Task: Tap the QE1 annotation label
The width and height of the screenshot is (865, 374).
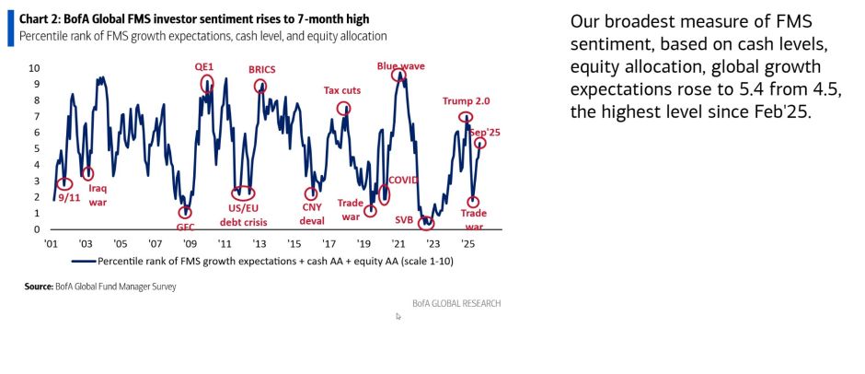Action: (204, 67)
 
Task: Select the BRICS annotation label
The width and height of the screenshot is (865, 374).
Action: (262, 69)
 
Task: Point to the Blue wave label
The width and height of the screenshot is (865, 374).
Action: (399, 65)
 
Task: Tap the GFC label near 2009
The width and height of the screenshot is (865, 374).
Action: (185, 226)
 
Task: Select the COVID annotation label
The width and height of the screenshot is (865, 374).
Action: (403, 179)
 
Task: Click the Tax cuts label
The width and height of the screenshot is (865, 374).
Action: (343, 90)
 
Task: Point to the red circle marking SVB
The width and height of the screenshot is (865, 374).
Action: (425, 223)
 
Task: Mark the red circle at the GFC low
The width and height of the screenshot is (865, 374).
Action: (185, 213)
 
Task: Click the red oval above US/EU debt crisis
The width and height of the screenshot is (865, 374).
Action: (243, 193)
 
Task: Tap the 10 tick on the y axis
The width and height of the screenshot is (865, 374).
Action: (34, 68)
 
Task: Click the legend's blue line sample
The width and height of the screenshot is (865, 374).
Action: (83, 261)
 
